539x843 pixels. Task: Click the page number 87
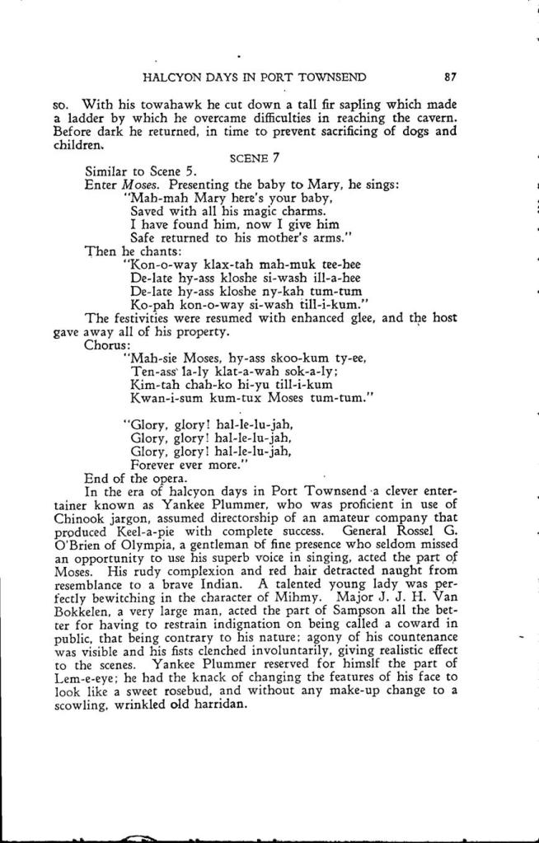(x=449, y=78)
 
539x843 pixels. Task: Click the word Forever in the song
(x=157, y=463)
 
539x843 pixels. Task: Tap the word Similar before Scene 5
(x=109, y=171)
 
